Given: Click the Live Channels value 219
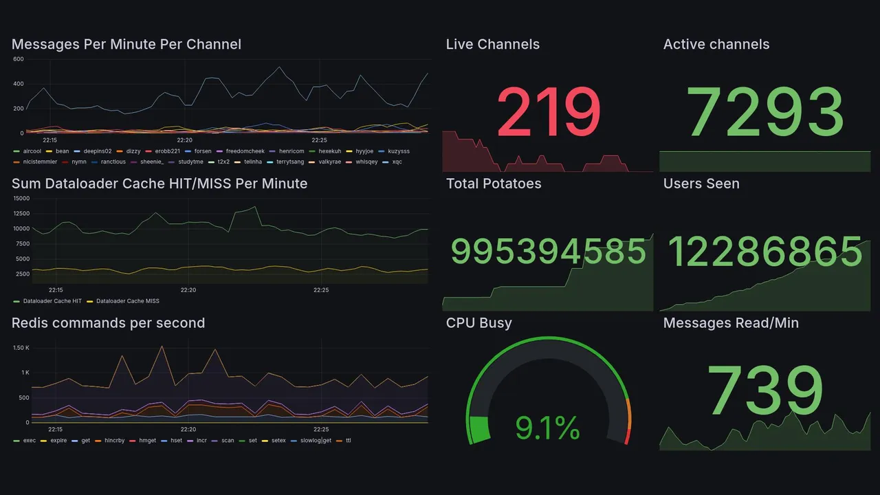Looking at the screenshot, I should pyautogui.click(x=549, y=111).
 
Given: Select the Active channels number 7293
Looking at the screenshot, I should pyautogui.click(x=765, y=111).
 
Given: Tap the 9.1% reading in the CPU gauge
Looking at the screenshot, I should pyautogui.click(x=547, y=429).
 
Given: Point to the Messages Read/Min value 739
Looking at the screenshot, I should pyautogui.click(x=765, y=390).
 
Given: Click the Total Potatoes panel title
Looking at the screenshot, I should pyautogui.click(x=493, y=184).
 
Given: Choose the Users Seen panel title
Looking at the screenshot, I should pyautogui.click(x=701, y=184).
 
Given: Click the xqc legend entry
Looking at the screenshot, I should pyautogui.click(x=397, y=162).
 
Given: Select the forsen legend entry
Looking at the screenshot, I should pyautogui.click(x=203, y=151).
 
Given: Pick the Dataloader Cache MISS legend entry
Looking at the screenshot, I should pyautogui.click(x=127, y=301).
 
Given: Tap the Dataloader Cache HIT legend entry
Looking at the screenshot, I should pyautogui.click(x=52, y=301).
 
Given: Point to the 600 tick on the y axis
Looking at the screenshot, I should pyautogui.click(x=18, y=59).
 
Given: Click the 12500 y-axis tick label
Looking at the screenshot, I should pyautogui.click(x=21, y=213).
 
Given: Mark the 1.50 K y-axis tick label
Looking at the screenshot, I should pyautogui.click(x=21, y=348).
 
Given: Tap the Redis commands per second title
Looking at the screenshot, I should pyautogui.click(x=108, y=323).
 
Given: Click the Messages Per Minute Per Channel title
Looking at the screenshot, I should pyautogui.click(x=126, y=45).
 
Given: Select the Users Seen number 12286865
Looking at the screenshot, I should pyautogui.click(x=765, y=252).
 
